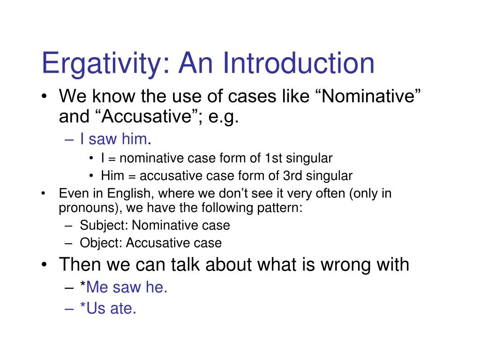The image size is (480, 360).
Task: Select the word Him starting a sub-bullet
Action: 111,176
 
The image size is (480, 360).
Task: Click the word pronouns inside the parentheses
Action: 83,208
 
